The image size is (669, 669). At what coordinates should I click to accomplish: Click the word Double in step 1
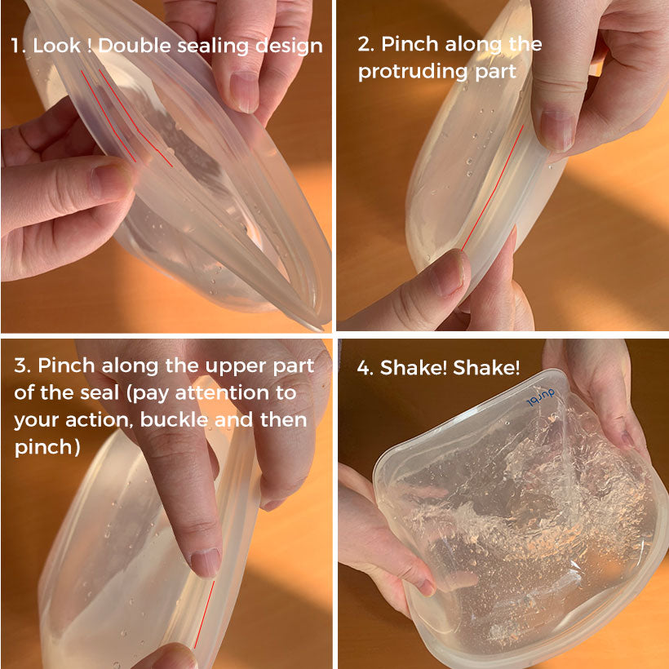click(135, 45)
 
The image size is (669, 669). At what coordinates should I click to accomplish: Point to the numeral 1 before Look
click(17, 46)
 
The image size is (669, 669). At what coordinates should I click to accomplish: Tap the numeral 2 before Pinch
click(366, 44)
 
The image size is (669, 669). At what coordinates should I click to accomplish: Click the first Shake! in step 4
click(414, 367)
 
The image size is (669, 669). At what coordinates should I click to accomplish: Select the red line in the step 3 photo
click(205, 614)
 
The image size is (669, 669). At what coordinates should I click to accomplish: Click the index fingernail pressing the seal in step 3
click(206, 562)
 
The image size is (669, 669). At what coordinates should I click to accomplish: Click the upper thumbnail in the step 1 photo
click(245, 91)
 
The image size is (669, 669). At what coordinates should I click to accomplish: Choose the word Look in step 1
click(57, 46)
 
